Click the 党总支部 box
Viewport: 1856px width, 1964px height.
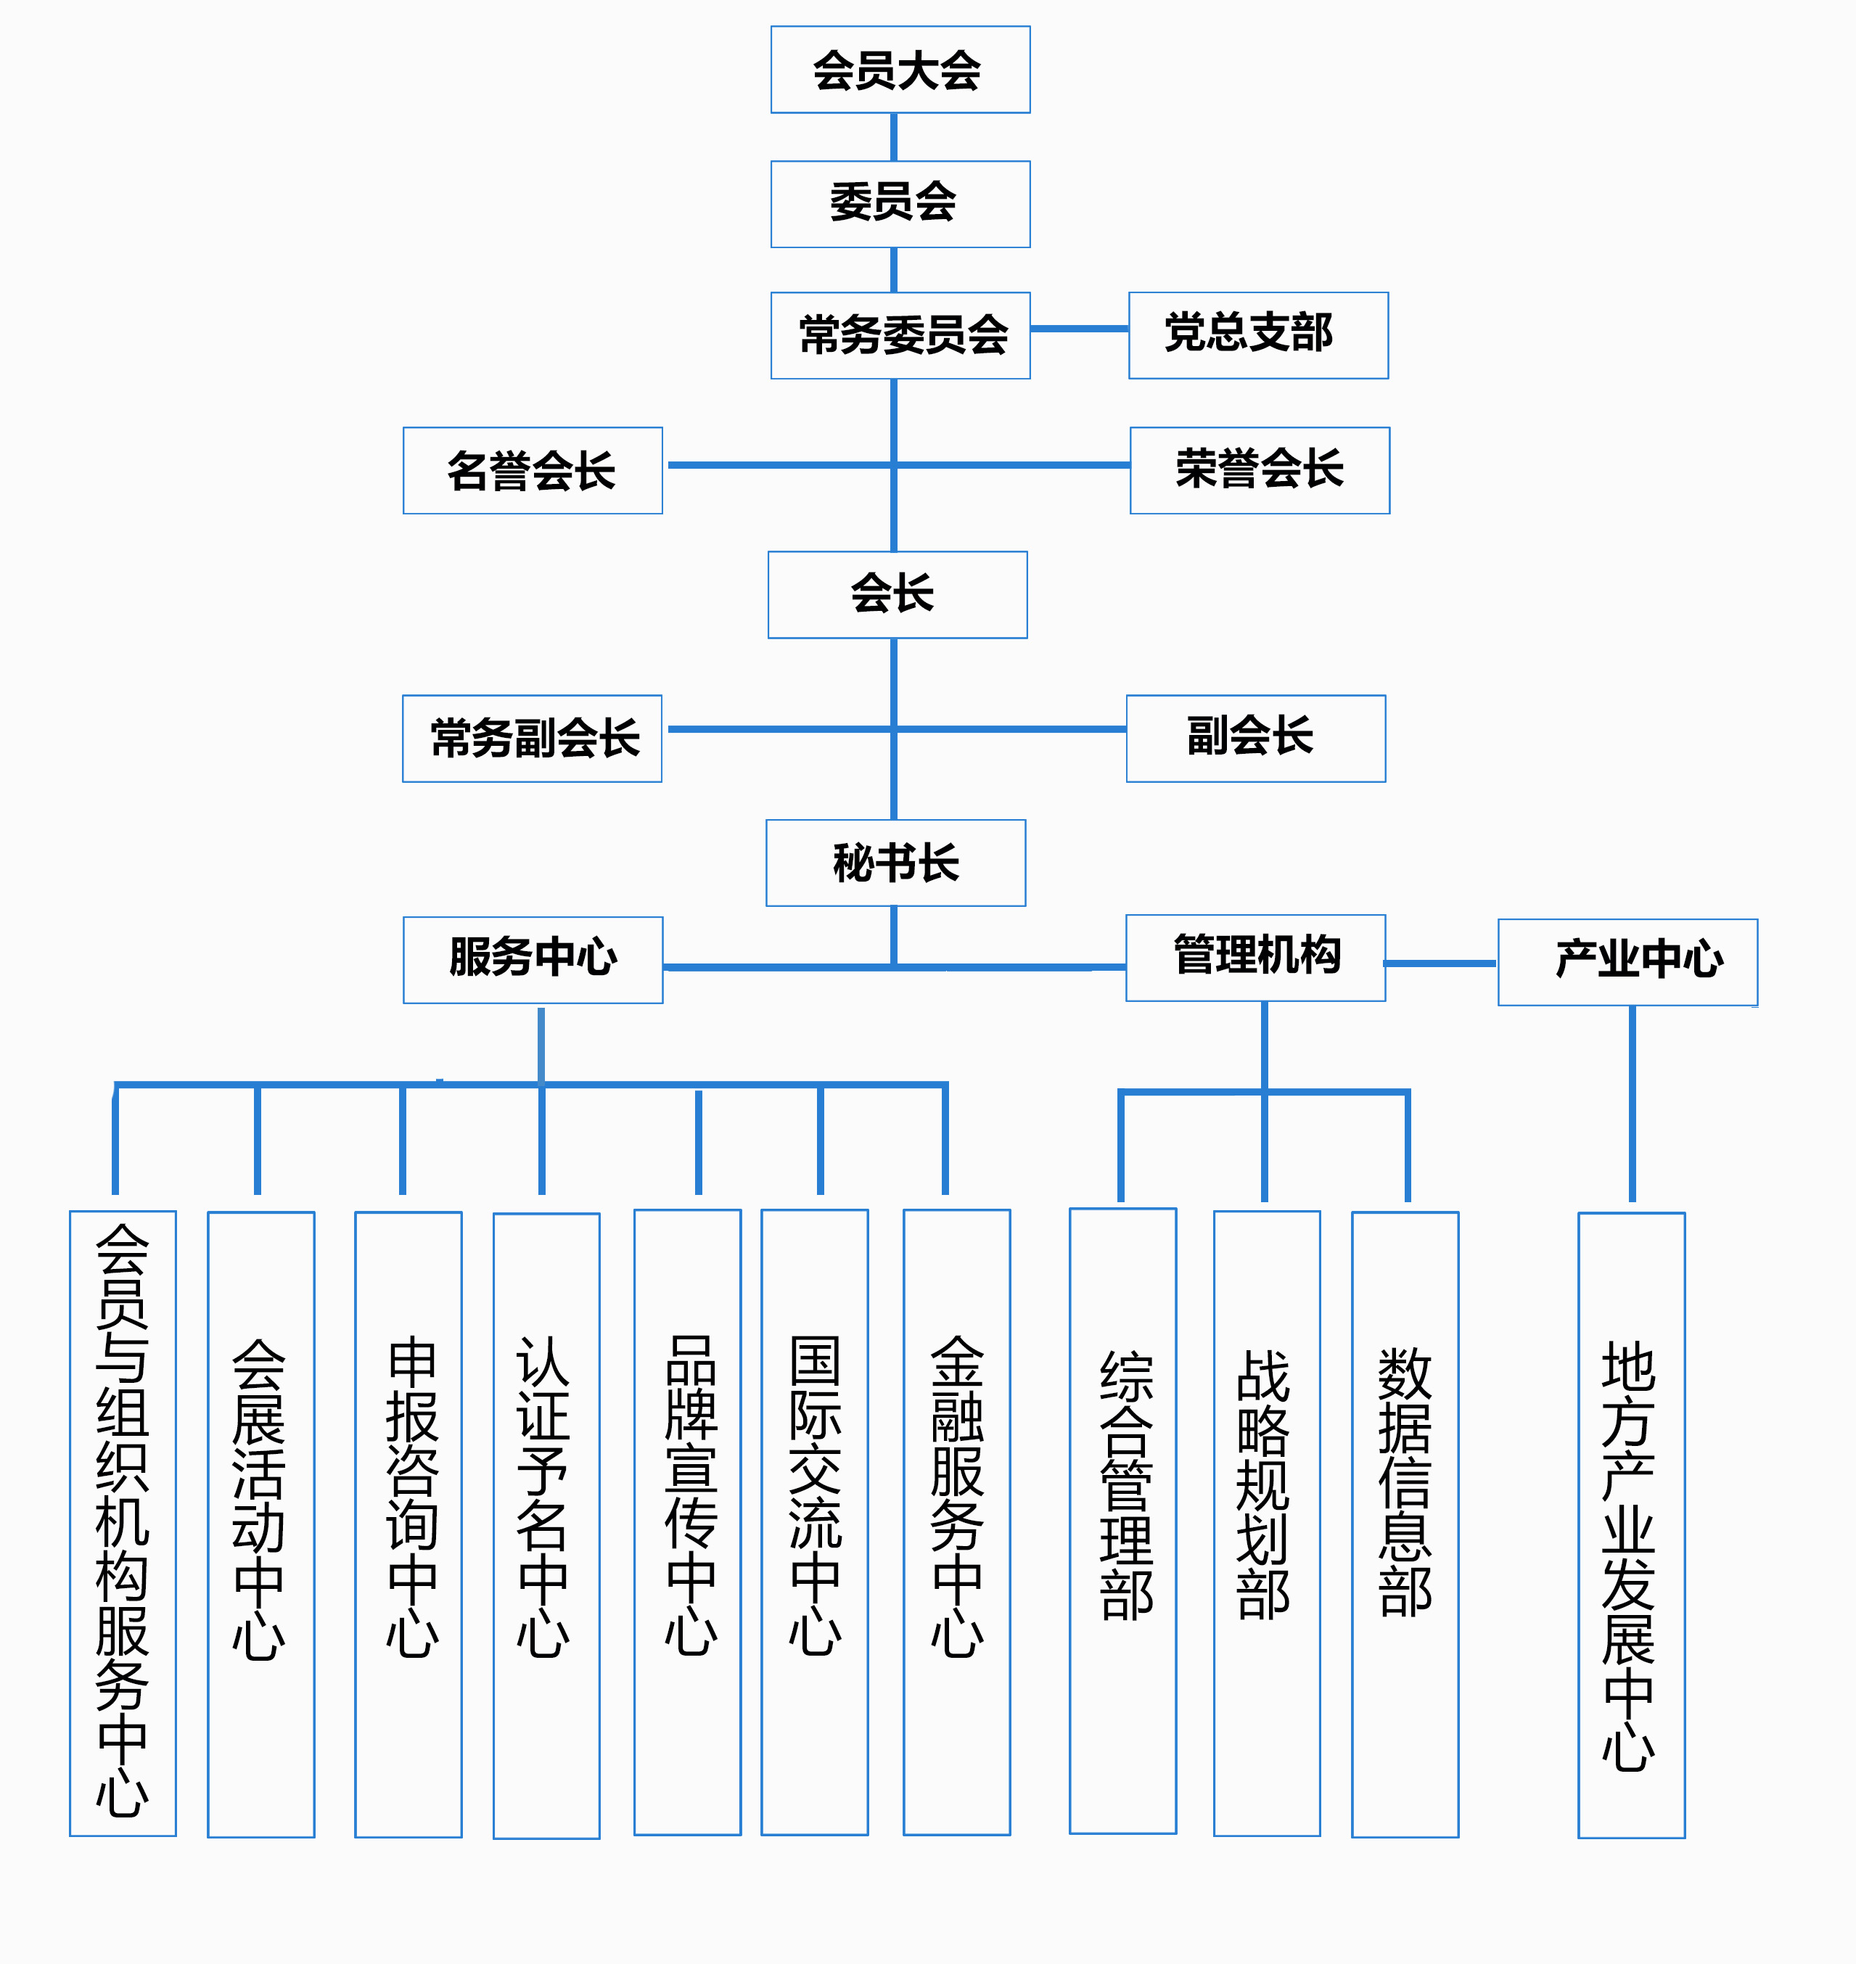click(1257, 335)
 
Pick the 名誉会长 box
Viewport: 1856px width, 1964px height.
click(533, 470)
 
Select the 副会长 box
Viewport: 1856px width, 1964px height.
click(1255, 738)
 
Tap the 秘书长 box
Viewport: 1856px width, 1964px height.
click(895, 863)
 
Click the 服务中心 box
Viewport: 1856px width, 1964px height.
click(533, 960)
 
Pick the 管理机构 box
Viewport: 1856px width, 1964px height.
click(1255, 958)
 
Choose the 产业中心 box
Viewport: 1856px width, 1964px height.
click(1627, 962)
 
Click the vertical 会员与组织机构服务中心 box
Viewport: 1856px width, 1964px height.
click(123, 1523)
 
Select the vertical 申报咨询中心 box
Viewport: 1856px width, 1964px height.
click(408, 1524)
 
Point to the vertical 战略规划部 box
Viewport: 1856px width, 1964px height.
click(1265, 1523)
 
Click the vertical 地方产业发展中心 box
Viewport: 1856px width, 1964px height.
click(1630, 1525)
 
